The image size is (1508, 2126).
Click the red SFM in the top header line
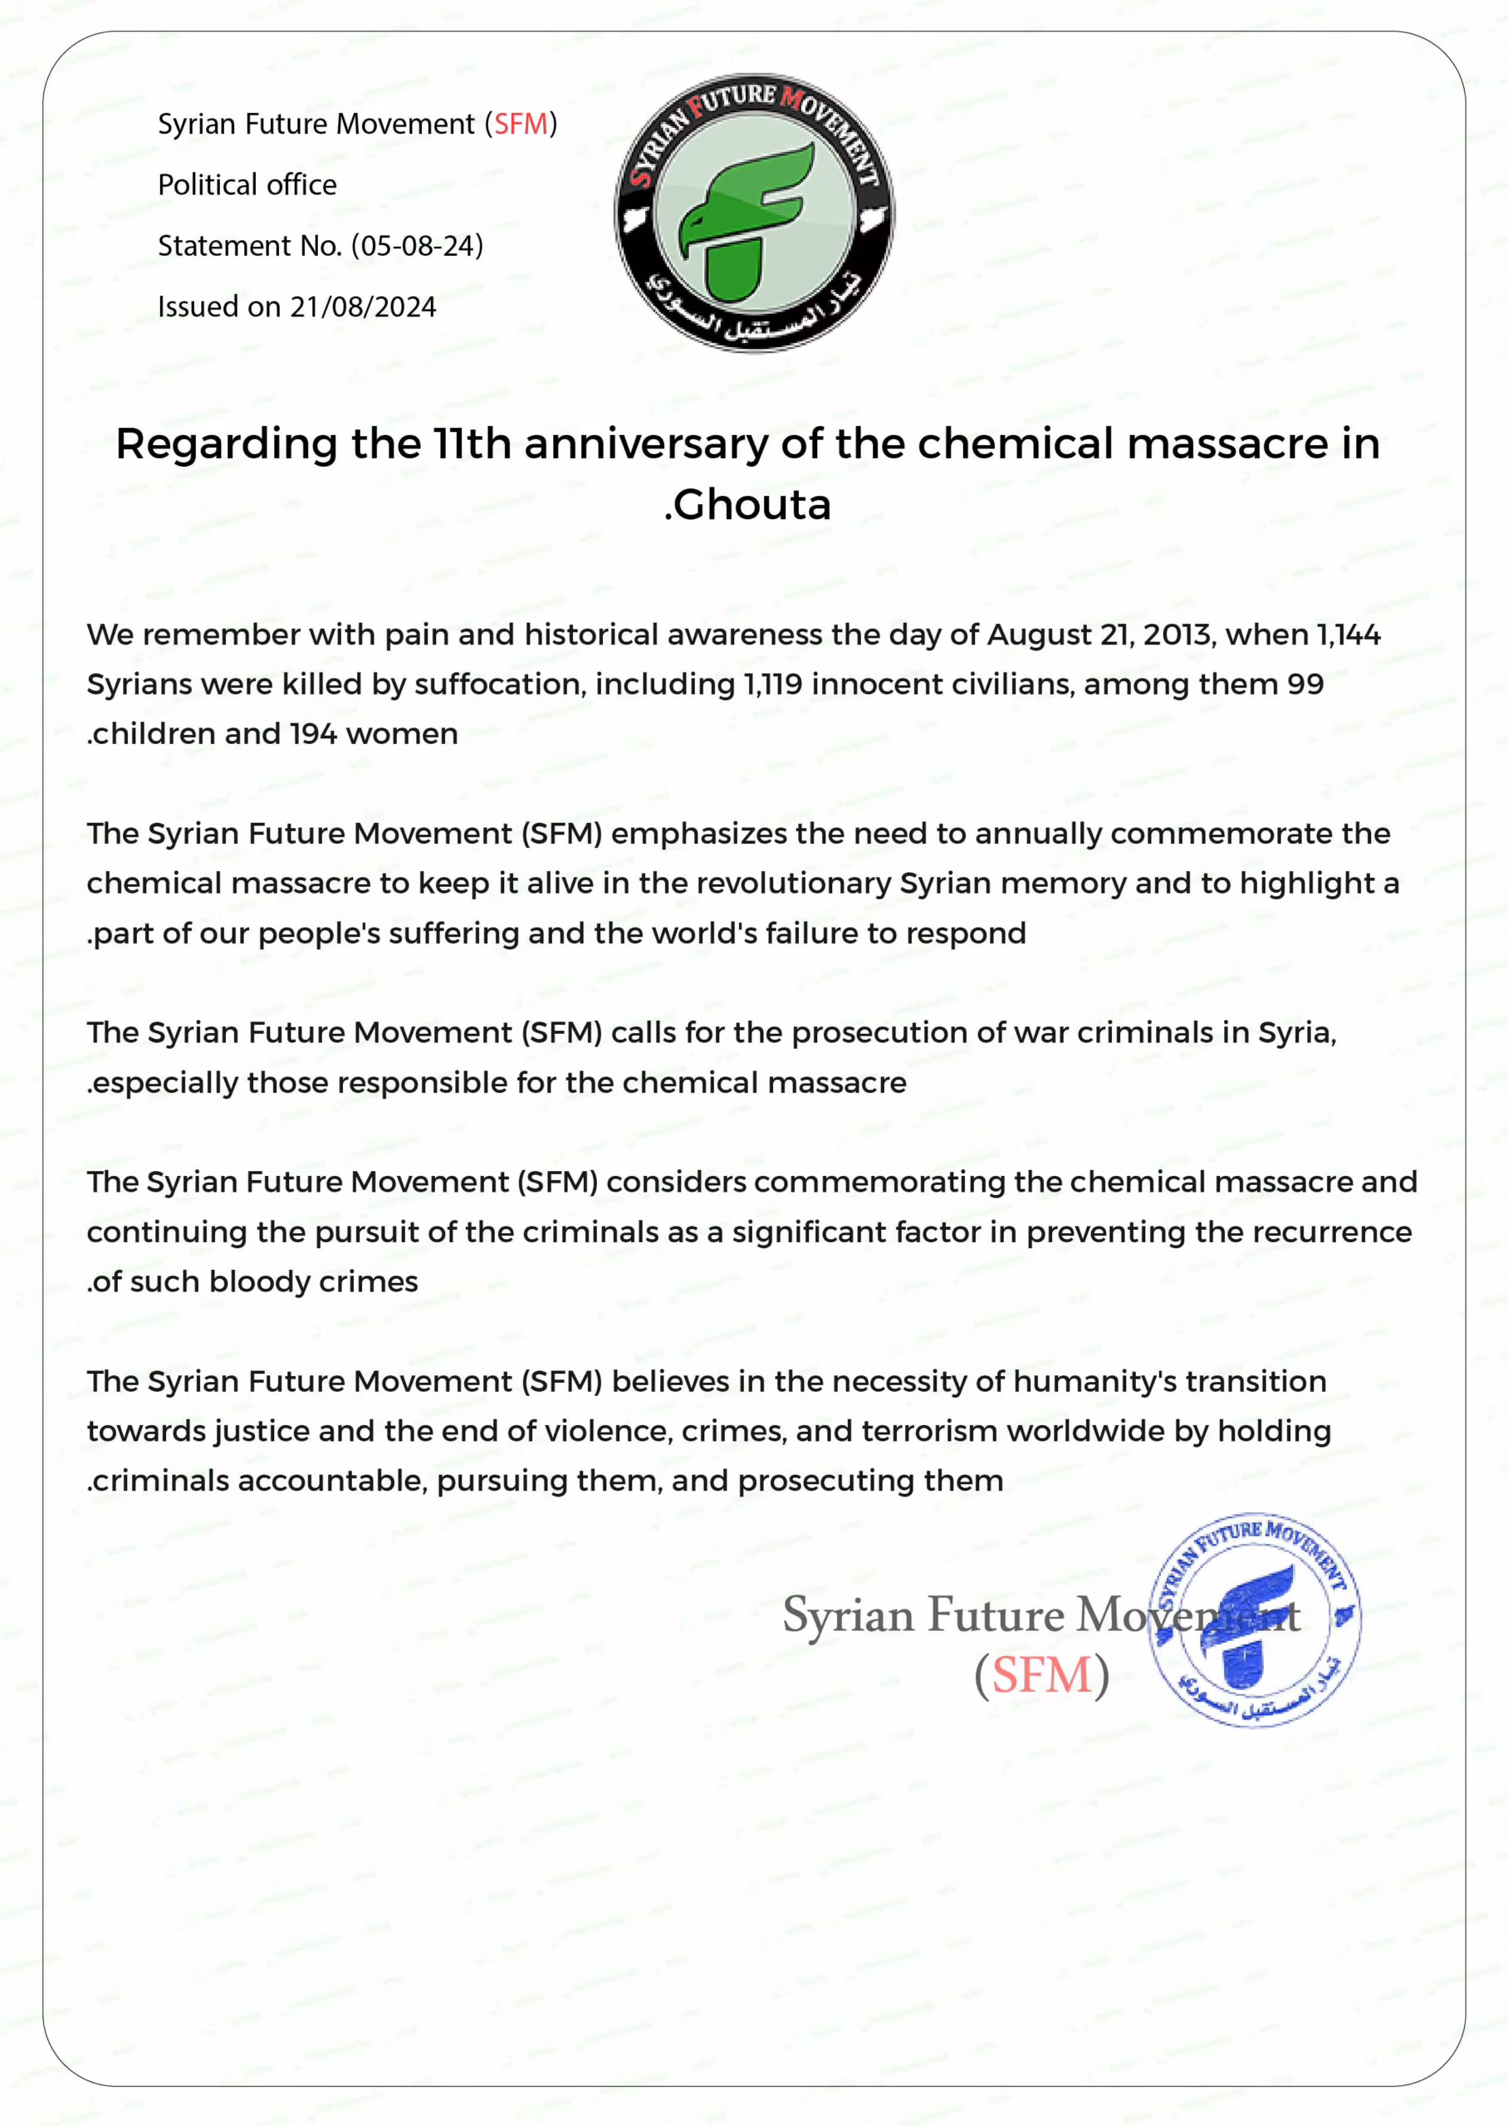click(x=520, y=125)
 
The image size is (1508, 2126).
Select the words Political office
click(x=247, y=184)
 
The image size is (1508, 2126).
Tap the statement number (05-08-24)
click(x=417, y=246)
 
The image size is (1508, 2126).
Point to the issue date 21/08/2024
click(x=363, y=307)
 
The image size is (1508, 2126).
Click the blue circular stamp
click(x=1255, y=1619)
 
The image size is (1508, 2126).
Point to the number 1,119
click(x=772, y=684)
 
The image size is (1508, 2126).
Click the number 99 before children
click(x=1305, y=684)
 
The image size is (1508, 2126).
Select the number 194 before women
click(x=313, y=734)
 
